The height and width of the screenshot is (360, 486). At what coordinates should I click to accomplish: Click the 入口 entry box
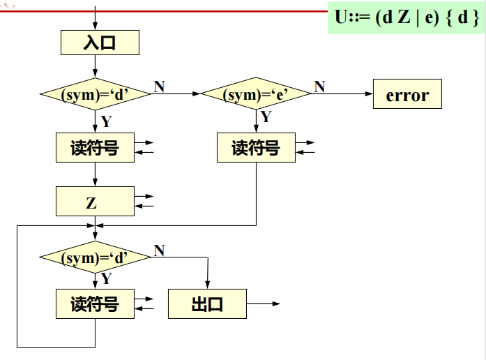100,43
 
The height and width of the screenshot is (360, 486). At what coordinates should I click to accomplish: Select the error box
407,95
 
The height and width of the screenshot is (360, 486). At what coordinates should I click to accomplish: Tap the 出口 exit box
207,305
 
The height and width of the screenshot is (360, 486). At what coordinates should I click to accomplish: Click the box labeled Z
94,202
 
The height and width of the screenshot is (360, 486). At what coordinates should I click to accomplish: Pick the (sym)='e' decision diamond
256,95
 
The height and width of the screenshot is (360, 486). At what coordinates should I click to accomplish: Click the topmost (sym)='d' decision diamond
95,95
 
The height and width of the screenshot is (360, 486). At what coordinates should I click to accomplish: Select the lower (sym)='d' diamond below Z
95,258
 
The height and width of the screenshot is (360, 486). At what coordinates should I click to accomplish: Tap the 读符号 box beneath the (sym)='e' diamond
255,148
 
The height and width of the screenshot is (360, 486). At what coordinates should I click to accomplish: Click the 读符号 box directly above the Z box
95,148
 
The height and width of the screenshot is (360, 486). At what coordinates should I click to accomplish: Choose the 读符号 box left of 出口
95,305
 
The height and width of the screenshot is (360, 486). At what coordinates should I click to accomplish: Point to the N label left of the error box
319,87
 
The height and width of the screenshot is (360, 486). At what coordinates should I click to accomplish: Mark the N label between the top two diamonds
159,87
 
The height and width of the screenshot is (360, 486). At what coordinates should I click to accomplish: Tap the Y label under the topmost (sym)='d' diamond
106,121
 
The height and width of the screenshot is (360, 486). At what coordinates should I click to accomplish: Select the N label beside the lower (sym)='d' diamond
159,250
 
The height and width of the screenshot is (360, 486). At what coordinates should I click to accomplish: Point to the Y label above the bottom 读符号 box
106,279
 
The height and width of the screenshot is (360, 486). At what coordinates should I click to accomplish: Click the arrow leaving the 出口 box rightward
265,304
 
